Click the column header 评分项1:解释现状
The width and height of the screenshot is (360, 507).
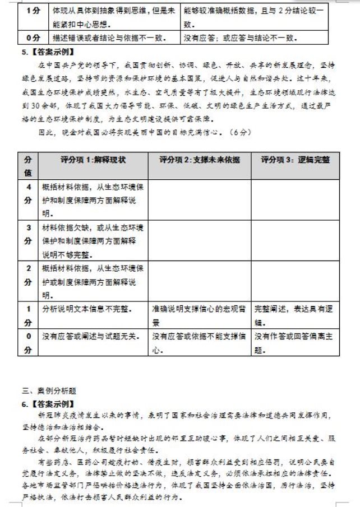point(93,160)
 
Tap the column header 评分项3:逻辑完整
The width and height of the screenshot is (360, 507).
point(295,160)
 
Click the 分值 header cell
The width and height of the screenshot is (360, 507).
point(27,166)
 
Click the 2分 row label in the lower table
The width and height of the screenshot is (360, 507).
point(27,275)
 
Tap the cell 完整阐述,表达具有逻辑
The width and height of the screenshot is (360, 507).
point(295,315)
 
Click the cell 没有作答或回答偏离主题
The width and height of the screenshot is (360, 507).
point(295,343)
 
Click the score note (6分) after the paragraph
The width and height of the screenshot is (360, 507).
point(238,132)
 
